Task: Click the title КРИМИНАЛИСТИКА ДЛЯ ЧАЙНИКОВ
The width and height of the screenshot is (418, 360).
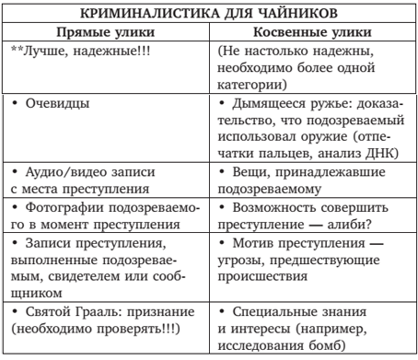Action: (209, 13)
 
